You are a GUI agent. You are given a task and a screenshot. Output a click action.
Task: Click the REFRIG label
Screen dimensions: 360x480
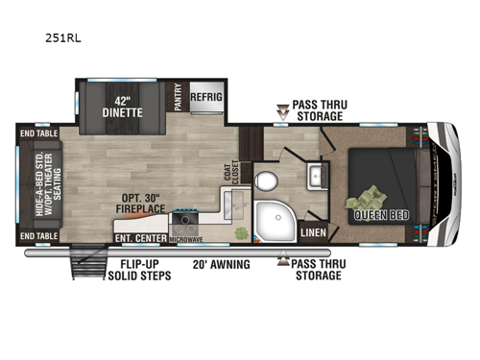pos(206,97)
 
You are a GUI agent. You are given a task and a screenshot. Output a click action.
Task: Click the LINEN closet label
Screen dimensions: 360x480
pos(313,231)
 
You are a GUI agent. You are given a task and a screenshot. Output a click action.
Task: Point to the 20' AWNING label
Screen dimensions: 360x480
pos(221,264)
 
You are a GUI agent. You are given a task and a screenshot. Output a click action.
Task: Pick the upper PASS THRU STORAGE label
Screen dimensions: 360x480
pos(317,110)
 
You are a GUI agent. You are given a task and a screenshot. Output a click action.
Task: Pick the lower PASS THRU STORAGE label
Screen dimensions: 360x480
pos(318,269)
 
